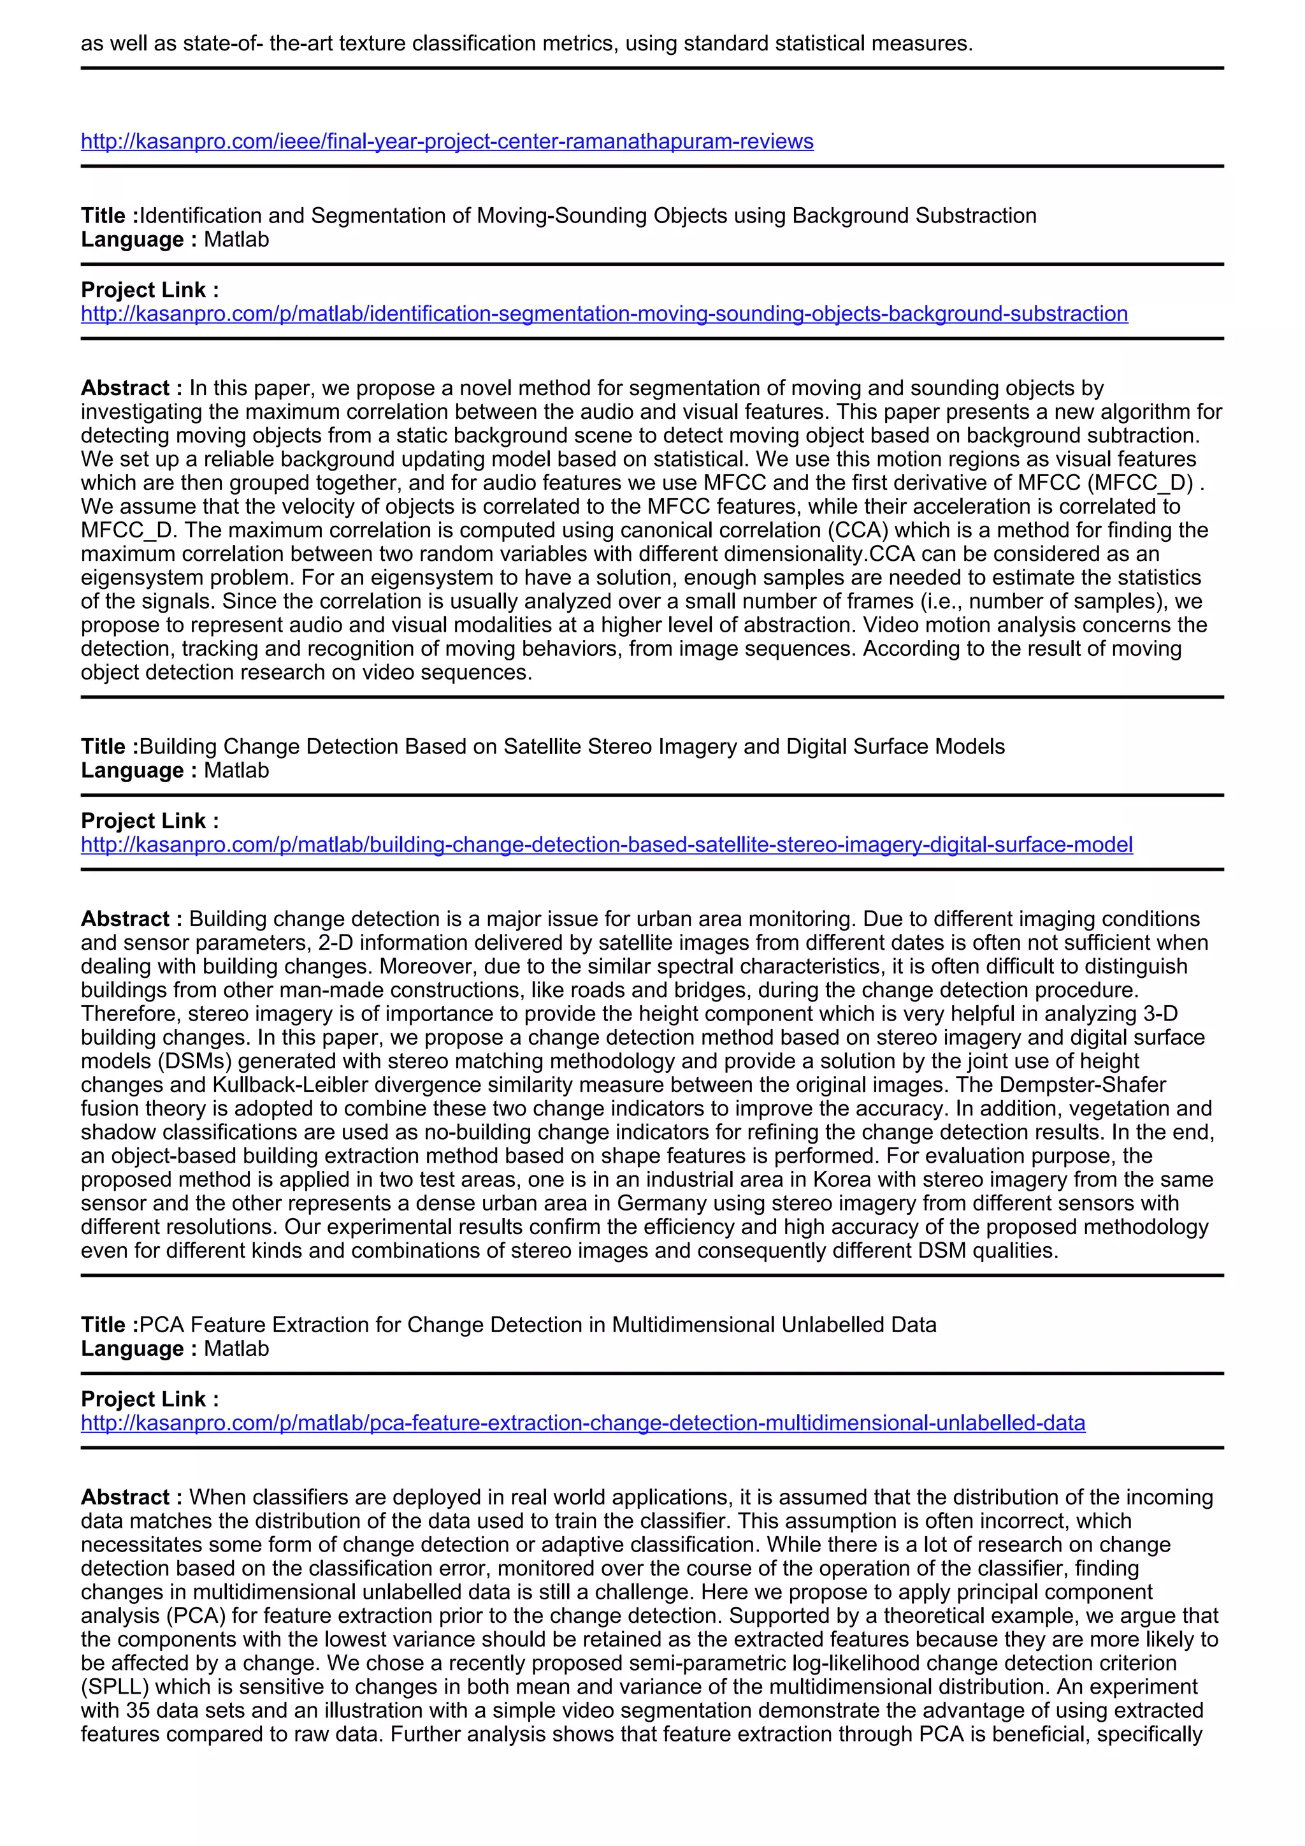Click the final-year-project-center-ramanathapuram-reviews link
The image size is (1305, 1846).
pyautogui.click(x=447, y=142)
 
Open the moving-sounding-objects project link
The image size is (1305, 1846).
pyautogui.click(x=604, y=314)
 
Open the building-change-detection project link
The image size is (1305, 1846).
pyautogui.click(x=607, y=845)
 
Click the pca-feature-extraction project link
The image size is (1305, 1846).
pyautogui.click(x=582, y=1423)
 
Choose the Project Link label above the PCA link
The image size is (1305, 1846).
pyautogui.click(x=150, y=1400)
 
